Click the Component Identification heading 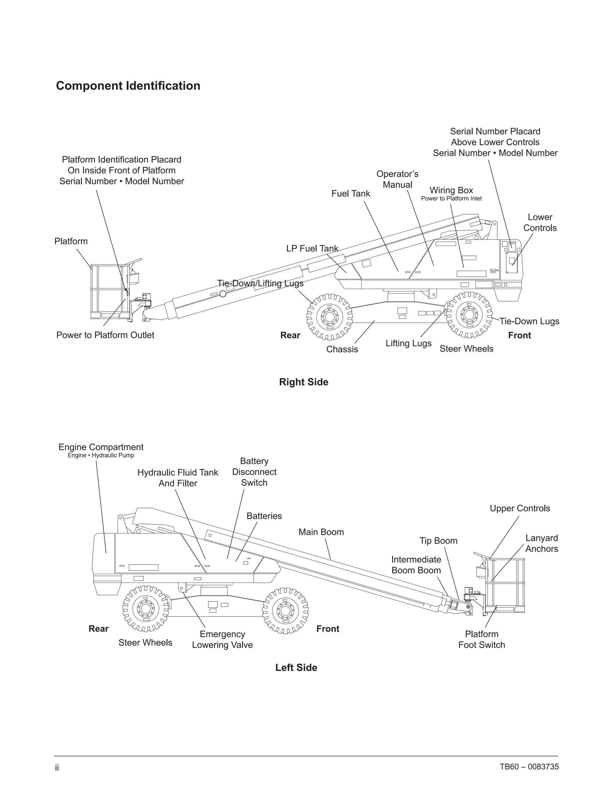tap(128, 86)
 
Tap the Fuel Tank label tap(351, 194)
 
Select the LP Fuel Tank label tap(312, 249)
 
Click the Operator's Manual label tap(397, 180)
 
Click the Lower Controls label tap(540, 223)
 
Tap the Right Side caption tap(304, 382)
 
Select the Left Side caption tap(296, 668)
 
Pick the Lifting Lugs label tap(408, 343)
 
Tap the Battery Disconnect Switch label tap(254, 472)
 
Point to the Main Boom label tap(321, 532)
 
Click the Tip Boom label tap(438, 541)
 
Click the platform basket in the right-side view tap(109, 292)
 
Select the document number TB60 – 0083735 tap(529, 767)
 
